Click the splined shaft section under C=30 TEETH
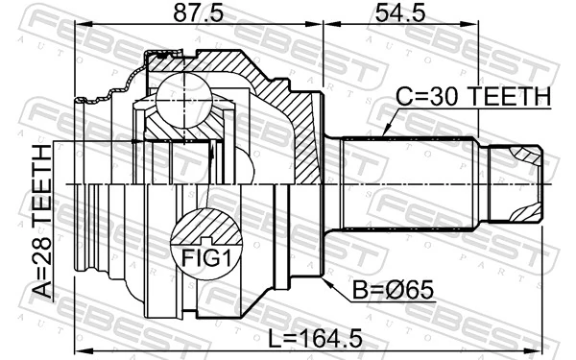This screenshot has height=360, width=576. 408,183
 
